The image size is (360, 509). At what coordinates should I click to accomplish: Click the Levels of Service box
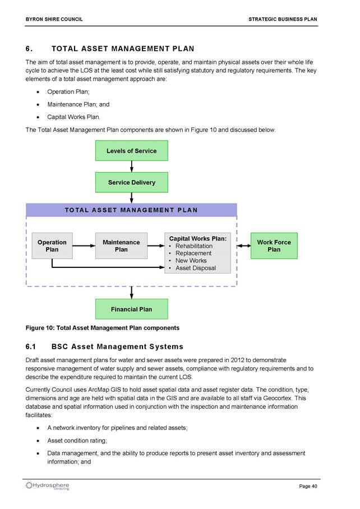point(131,151)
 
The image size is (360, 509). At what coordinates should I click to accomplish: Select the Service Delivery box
point(131,182)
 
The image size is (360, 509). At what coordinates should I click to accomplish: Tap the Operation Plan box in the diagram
point(52,246)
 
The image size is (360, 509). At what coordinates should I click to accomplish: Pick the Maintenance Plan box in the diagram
point(121,246)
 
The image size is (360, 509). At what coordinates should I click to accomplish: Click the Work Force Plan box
point(274,246)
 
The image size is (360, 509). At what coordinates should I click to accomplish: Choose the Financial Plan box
point(131,309)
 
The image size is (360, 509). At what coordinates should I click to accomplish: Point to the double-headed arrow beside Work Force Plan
point(244,246)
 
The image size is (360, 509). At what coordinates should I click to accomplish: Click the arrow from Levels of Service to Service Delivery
point(131,166)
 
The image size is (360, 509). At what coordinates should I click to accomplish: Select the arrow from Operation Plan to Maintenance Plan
point(84,246)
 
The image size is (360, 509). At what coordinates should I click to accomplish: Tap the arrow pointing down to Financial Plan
point(131,293)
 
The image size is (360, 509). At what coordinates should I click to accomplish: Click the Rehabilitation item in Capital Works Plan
point(194,246)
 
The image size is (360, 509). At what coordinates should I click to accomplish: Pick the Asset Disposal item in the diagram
point(195,268)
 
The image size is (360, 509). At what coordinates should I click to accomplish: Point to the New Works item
point(191,261)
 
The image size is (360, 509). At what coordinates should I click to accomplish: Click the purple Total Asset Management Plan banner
point(131,210)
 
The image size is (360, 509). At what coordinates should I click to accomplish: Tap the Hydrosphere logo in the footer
point(48,486)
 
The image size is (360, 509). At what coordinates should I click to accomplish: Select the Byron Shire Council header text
point(54,19)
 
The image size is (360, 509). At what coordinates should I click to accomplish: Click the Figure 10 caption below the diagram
point(103,328)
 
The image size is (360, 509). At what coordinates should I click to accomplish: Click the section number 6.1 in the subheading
point(30,346)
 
